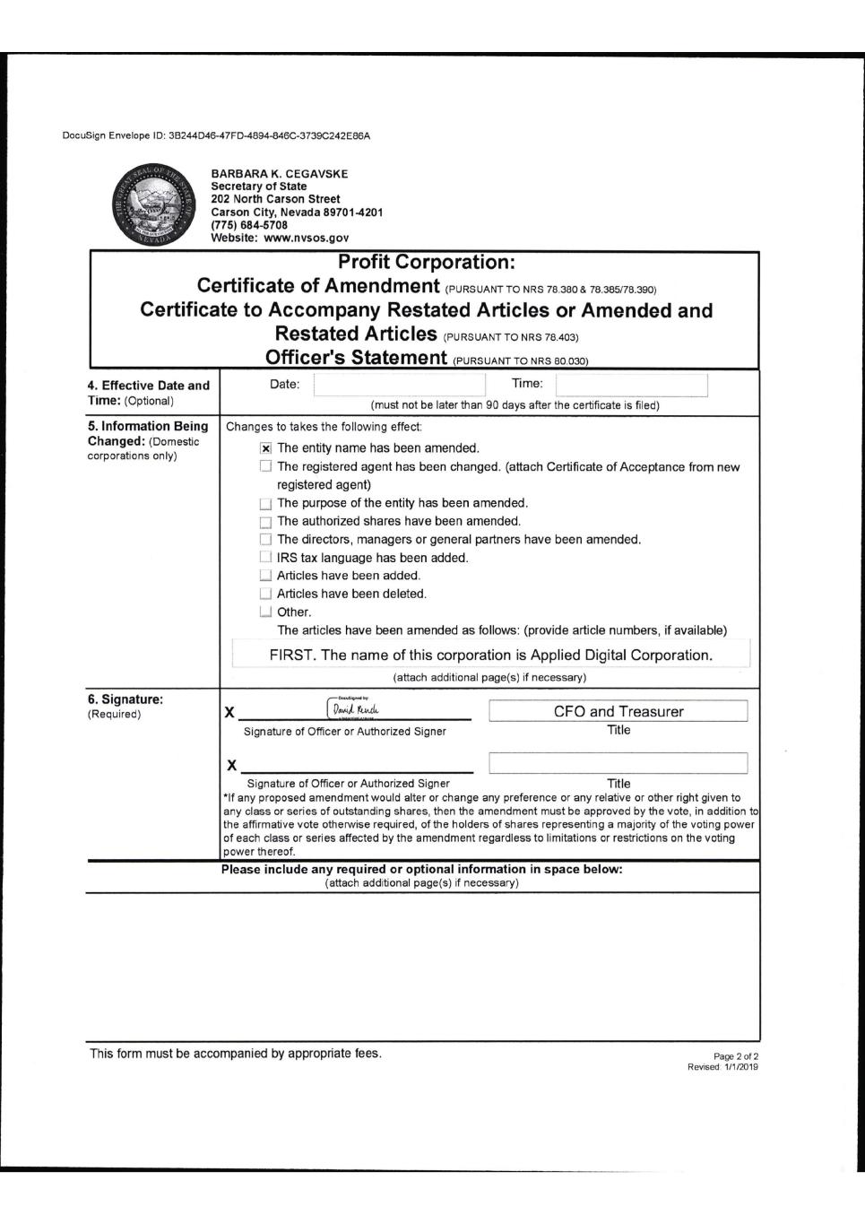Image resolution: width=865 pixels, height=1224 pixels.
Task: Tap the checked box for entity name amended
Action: pyautogui.click(x=265, y=448)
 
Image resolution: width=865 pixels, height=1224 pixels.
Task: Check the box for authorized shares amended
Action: pyautogui.click(x=265, y=522)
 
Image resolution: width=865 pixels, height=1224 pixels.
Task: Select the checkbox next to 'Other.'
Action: pyautogui.click(x=265, y=612)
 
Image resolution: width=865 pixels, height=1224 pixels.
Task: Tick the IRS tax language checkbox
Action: pyautogui.click(x=265, y=558)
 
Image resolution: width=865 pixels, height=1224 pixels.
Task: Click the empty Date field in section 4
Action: pyautogui.click(x=399, y=385)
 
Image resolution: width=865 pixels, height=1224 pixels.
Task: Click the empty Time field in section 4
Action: pyautogui.click(x=631, y=385)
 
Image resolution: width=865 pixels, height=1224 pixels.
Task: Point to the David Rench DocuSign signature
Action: pyautogui.click(x=357, y=709)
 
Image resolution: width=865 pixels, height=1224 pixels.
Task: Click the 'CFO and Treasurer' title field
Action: pyautogui.click(x=618, y=711)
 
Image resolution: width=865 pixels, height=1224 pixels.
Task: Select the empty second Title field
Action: pyautogui.click(x=618, y=763)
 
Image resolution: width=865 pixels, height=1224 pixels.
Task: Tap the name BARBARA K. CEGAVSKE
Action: pyautogui.click(x=280, y=174)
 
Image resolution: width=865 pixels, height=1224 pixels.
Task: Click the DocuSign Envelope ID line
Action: pyautogui.click(x=216, y=136)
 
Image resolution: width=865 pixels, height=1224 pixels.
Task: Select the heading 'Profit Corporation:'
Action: pyautogui.click(x=426, y=263)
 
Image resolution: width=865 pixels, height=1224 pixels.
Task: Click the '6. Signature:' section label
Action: pyautogui.click(x=125, y=699)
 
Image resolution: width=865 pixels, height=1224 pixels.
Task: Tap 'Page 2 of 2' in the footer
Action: pyautogui.click(x=737, y=1056)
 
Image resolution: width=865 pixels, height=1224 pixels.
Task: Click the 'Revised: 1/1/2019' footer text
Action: pyautogui.click(x=722, y=1066)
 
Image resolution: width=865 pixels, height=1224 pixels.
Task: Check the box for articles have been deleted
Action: pyautogui.click(x=265, y=594)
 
